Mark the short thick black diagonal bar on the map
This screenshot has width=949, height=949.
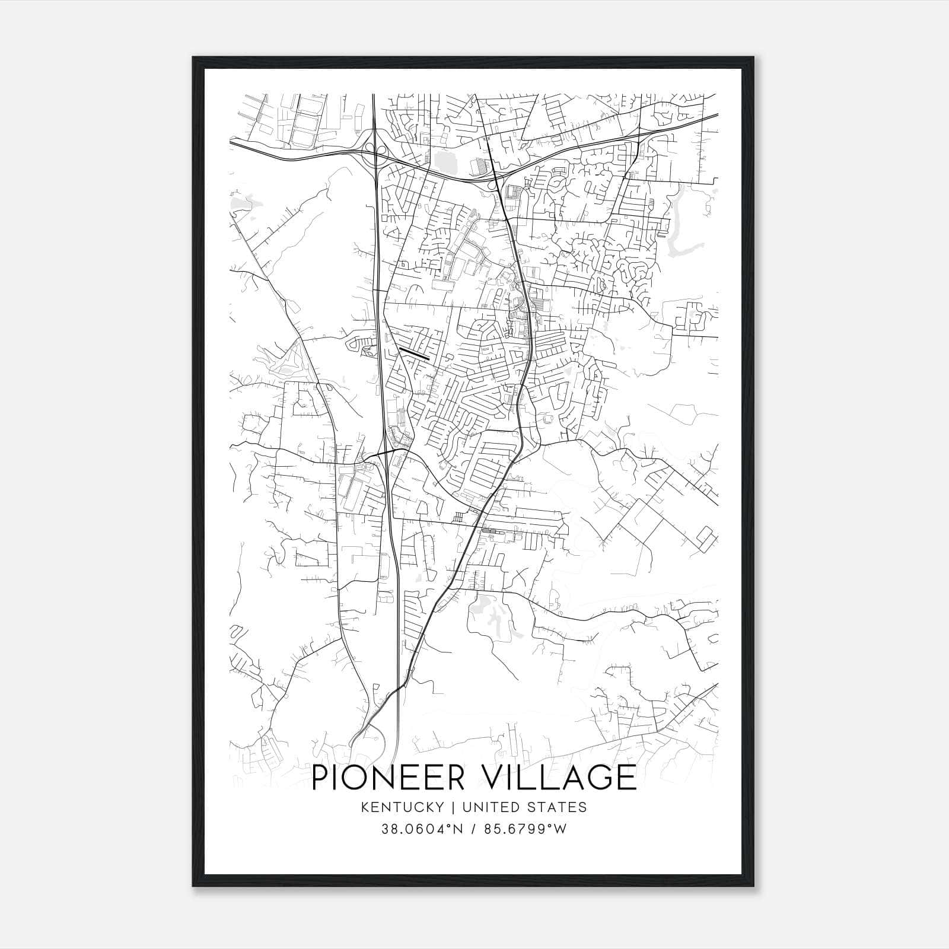[x=415, y=354]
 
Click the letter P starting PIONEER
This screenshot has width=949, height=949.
[x=321, y=778]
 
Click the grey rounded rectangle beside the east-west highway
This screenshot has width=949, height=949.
[x=442, y=162]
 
